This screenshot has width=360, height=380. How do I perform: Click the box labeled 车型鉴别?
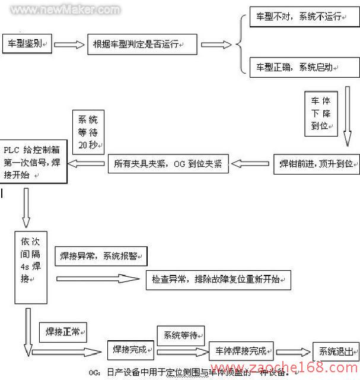coord(28,44)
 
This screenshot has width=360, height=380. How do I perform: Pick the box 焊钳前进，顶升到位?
coord(315,163)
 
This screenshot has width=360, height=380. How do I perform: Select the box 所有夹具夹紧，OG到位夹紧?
coord(168,164)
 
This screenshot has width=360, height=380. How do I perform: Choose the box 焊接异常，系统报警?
coord(101,256)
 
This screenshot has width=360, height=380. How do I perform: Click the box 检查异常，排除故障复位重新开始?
coord(218,279)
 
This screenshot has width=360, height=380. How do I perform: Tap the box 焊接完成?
coord(130,350)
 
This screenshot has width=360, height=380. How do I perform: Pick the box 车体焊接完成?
coord(241,350)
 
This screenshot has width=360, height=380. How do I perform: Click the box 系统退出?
coord(336,351)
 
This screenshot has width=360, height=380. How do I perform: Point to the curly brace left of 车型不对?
coord(240,43)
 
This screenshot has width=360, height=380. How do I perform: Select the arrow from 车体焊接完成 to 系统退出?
coord(294,351)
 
